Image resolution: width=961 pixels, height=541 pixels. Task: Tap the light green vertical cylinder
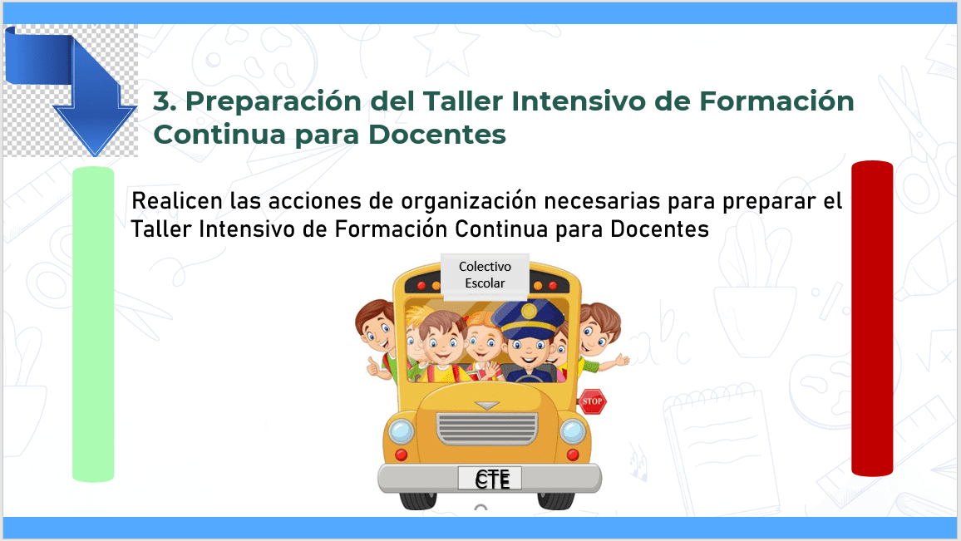[x=93, y=324]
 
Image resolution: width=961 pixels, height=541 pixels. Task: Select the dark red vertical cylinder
[x=872, y=318]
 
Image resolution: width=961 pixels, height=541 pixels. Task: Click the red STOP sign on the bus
[x=592, y=401]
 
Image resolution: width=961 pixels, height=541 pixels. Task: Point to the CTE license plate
[x=490, y=479]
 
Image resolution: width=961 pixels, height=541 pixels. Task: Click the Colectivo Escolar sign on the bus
[x=485, y=274]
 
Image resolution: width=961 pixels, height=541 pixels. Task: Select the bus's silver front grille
[x=487, y=428]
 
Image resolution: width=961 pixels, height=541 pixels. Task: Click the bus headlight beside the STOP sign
[x=573, y=431]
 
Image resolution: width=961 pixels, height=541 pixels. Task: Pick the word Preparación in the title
[x=274, y=101]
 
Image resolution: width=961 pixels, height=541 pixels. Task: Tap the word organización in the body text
[x=469, y=202]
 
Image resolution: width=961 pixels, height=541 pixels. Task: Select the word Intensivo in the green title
[x=579, y=101]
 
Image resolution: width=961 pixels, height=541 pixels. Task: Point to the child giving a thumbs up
[x=375, y=339]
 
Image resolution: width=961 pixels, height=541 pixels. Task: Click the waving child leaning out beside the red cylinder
[x=600, y=337]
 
